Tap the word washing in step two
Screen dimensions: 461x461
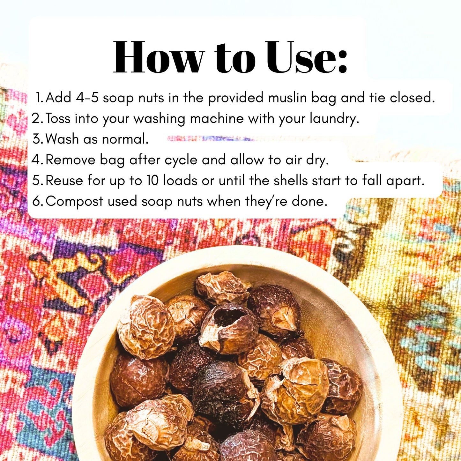(159, 119)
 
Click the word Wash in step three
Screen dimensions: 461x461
(62, 139)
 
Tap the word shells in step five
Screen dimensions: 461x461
(290, 180)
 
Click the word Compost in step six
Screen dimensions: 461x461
(74, 202)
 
